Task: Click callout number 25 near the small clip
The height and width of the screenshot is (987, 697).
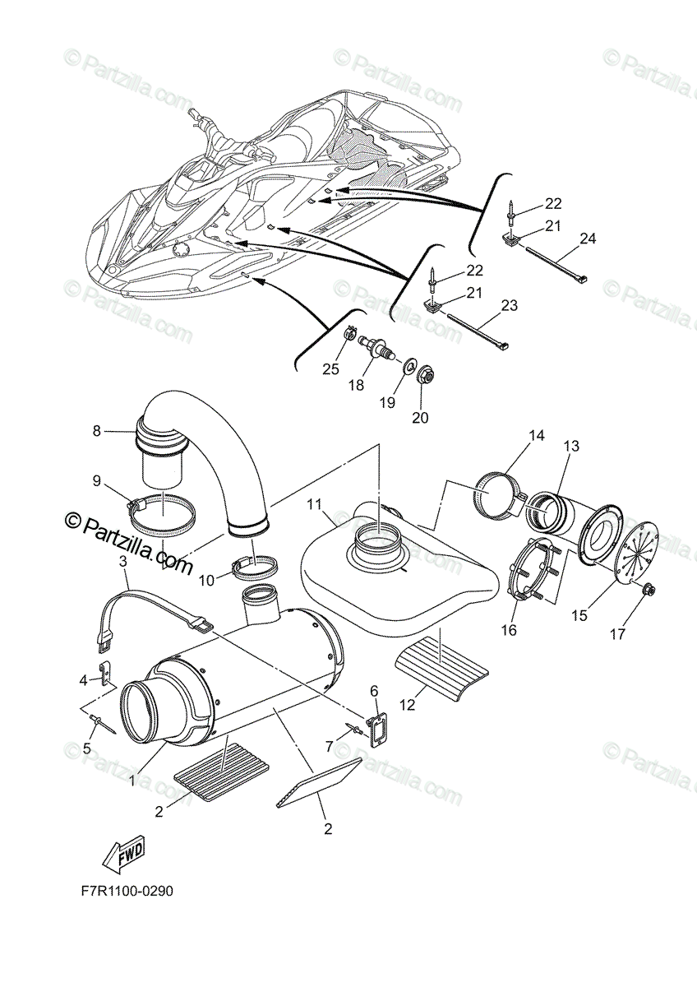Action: click(x=330, y=369)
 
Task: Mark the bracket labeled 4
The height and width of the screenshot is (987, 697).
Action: click(x=105, y=674)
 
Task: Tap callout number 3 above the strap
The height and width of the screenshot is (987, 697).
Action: click(x=123, y=562)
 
